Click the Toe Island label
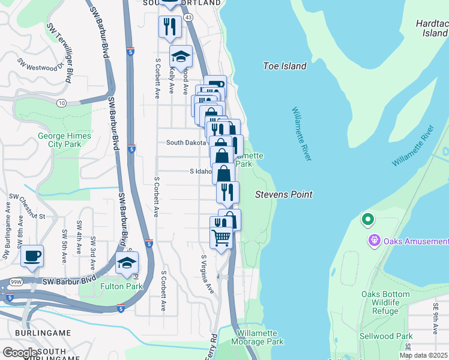pyautogui.click(x=285, y=66)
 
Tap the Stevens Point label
pyautogui.click(x=283, y=194)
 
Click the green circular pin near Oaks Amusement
pyautogui.click(x=367, y=220)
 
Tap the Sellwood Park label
pyautogui.click(x=387, y=336)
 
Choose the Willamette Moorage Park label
pyautogui.click(x=260, y=337)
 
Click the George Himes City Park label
pyautogui.click(x=64, y=140)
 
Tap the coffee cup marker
pyautogui.click(x=32, y=256)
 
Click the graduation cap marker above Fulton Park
pyautogui.click(x=127, y=263)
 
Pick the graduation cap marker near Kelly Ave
pyautogui.click(x=181, y=56)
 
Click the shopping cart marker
pyautogui.click(x=221, y=238)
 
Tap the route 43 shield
pyautogui.click(x=188, y=17)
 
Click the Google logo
pyautogui.click(x=20, y=353)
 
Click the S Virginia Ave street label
pyautogui.click(x=207, y=274)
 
